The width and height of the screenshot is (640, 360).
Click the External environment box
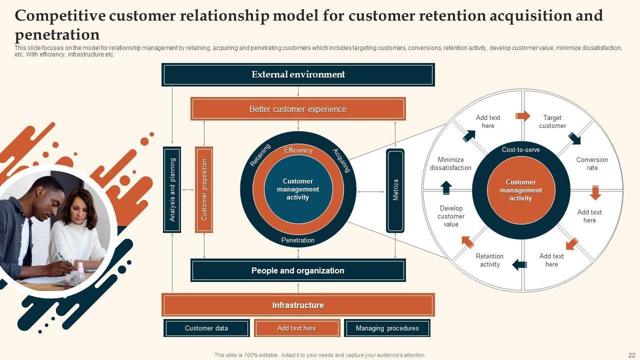click(298, 74)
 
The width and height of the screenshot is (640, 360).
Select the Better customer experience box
click(298, 109)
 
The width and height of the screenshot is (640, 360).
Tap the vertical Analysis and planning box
click(172, 189)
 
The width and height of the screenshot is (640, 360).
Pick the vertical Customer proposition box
click(204, 189)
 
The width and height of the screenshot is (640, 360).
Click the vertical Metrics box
click(395, 190)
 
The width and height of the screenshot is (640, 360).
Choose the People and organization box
click(298, 270)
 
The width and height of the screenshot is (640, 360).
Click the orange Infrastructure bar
click(298, 305)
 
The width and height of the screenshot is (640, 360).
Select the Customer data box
click(206, 328)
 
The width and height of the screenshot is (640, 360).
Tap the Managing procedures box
click(387, 328)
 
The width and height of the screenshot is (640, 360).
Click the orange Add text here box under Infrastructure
click(297, 328)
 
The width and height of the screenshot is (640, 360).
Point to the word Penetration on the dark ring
click(298, 240)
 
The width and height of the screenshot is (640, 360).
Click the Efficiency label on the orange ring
click(298, 150)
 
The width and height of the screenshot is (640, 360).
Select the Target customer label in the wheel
click(552, 121)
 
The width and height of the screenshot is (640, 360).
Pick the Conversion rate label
click(592, 164)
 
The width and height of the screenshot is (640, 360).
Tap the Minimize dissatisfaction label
click(450, 164)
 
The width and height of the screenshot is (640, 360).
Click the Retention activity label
click(490, 260)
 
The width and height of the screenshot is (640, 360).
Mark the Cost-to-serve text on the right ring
click(521, 150)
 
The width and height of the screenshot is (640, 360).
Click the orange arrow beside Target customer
click(523, 116)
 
